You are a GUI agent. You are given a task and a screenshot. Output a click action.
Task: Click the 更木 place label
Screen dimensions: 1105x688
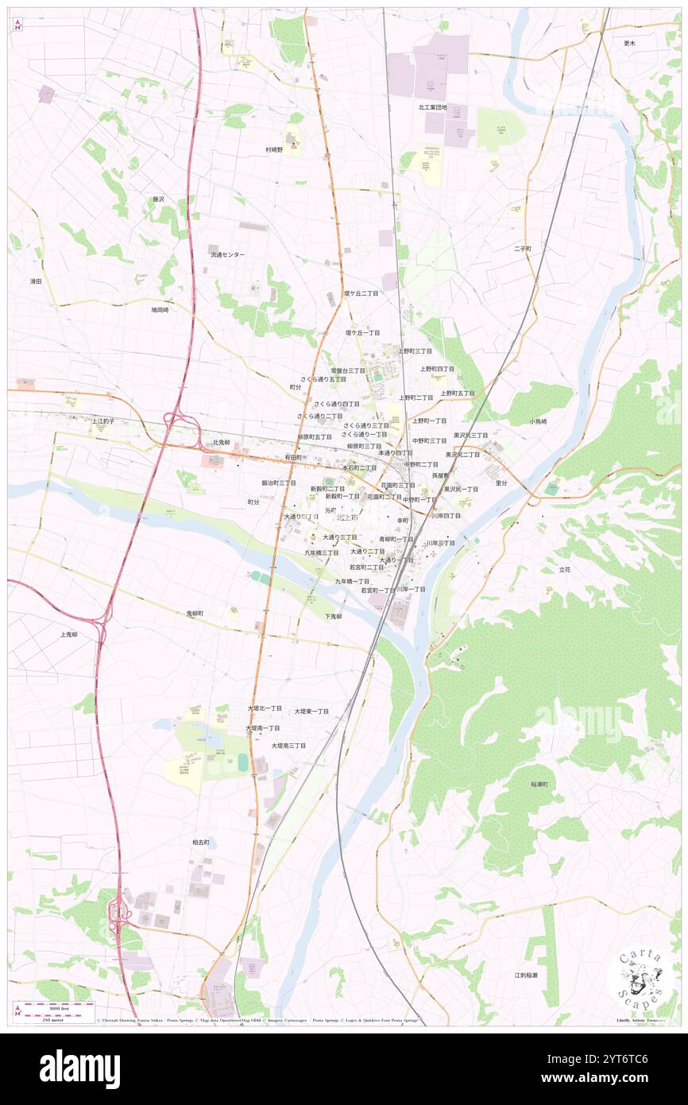(x=629, y=43)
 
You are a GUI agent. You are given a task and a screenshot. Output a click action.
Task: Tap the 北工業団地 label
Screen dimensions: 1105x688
(x=433, y=107)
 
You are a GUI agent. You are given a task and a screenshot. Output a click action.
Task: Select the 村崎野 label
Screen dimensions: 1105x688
(x=274, y=149)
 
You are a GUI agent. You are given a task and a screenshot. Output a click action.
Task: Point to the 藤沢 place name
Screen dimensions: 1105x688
(x=158, y=200)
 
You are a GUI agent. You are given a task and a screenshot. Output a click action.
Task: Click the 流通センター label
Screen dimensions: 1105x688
(x=227, y=255)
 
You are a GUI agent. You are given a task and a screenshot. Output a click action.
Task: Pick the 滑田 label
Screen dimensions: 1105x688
(x=36, y=281)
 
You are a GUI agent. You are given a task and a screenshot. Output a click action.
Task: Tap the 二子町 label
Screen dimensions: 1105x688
(x=522, y=249)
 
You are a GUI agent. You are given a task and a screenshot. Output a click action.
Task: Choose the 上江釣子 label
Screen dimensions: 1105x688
(x=102, y=421)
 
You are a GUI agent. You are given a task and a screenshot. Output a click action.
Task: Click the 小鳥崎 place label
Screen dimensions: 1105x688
(x=538, y=421)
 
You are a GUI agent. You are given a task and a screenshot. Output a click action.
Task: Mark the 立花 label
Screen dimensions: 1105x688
(x=565, y=570)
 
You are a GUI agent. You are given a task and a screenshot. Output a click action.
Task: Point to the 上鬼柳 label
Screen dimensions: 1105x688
(x=69, y=634)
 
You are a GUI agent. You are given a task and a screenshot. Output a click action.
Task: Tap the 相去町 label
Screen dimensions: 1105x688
(x=200, y=842)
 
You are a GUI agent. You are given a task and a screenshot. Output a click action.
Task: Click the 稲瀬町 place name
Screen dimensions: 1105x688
(x=540, y=785)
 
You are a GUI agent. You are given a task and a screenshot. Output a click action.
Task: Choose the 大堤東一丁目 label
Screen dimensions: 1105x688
(x=311, y=711)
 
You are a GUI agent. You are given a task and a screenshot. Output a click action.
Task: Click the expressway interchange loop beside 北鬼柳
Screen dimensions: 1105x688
(x=172, y=419)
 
